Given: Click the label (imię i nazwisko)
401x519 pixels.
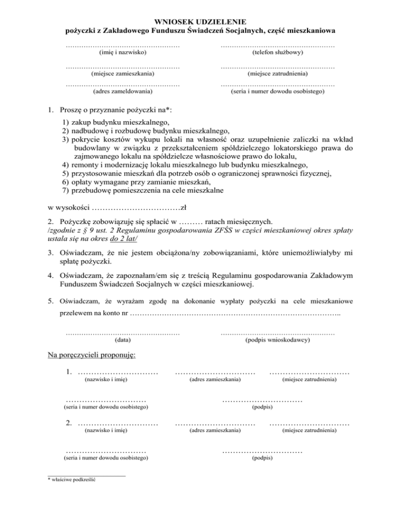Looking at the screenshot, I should click(123, 53).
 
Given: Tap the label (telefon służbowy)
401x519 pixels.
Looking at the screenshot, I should click(277, 53).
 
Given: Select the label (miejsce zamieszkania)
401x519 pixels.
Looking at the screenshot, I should click(123, 74).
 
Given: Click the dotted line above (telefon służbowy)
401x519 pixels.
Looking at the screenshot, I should click(277, 46).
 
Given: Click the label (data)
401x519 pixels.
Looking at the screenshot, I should click(123, 339).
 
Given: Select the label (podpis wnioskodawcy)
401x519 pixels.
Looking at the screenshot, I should click(277, 339).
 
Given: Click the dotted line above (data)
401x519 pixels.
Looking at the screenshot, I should click(123, 333).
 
